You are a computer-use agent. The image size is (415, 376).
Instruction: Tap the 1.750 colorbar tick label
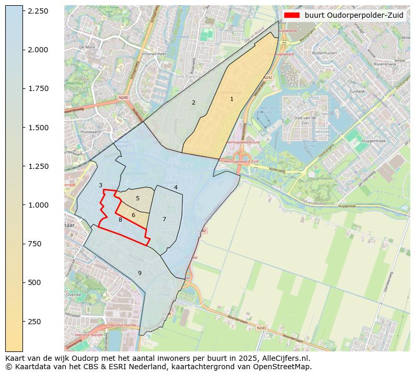point(38,88)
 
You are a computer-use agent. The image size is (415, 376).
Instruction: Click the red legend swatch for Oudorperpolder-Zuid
point(292,15)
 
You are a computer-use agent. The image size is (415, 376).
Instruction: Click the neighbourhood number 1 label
point(232,99)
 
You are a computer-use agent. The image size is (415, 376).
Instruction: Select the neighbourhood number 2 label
point(193,102)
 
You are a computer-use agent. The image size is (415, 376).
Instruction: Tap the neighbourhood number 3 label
point(100,185)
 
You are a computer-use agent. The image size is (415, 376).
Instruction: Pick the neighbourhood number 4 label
point(176,187)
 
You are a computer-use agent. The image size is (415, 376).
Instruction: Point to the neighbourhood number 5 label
point(137,198)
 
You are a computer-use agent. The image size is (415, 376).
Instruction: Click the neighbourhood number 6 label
point(133,215)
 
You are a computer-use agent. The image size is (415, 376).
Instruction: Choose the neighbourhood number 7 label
point(164,219)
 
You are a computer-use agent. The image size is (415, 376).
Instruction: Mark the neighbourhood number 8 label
point(120,220)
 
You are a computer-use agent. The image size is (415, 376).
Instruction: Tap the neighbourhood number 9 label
point(140,273)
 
